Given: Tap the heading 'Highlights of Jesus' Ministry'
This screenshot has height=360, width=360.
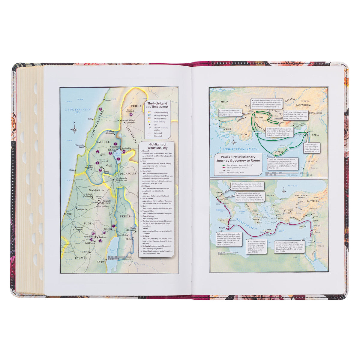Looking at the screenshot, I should (155, 146).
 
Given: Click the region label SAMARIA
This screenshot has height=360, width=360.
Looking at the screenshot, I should (96, 190).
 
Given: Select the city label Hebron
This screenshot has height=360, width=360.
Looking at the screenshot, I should (85, 252).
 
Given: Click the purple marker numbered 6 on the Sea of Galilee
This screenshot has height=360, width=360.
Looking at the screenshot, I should (118, 159).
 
